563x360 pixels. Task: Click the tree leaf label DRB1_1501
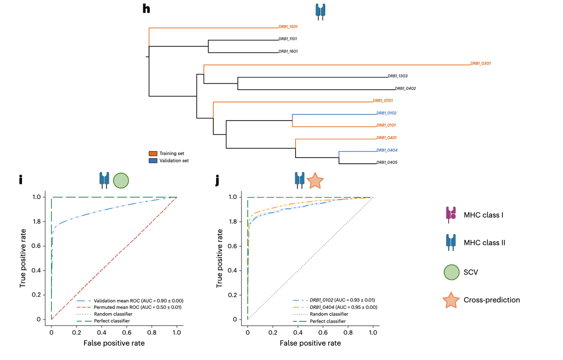[x=288, y=27]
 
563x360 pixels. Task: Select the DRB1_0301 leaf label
[x=480, y=63]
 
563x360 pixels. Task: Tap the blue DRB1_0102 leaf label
[x=386, y=113]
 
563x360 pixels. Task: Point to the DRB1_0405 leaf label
[x=387, y=162]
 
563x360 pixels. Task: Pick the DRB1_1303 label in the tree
[x=398, y=76]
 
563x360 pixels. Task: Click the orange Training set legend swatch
[x=153, y=154]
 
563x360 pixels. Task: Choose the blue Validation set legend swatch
[x=153, y=161]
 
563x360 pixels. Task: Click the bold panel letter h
[x=146, y=9]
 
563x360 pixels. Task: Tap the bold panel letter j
[x=217, y=180]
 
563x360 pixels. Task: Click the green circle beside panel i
[x=121, y=180]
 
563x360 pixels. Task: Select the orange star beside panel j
[x=315, y=180]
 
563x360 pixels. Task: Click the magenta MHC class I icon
[x=451, y=215]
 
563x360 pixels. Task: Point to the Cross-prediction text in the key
[x=491, y=300]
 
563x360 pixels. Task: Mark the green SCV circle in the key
[x=451, y=272]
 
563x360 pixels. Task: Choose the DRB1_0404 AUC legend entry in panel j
[x=343, y=307]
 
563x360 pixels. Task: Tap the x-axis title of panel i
[x=114, y=343]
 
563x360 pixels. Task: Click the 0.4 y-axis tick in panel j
[x=236, y=270]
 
